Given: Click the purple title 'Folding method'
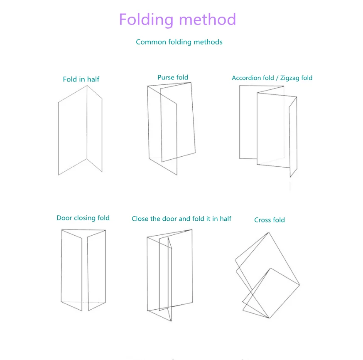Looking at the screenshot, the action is point(177,20).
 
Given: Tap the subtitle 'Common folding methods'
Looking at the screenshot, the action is point(179,42).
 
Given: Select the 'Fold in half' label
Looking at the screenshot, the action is point(81,79).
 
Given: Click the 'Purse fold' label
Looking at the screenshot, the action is point(173,77).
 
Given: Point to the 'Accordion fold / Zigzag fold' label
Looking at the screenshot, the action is point(272,78).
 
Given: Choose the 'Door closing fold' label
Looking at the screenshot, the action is point(83,218).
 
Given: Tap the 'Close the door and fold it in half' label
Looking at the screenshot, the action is point(181,219).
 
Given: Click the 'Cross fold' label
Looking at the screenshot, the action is point(270,220).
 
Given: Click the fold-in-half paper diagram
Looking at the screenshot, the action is point(80,131).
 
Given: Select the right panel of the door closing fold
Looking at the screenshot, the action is point(96,270).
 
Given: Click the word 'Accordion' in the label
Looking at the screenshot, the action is point(247,78).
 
